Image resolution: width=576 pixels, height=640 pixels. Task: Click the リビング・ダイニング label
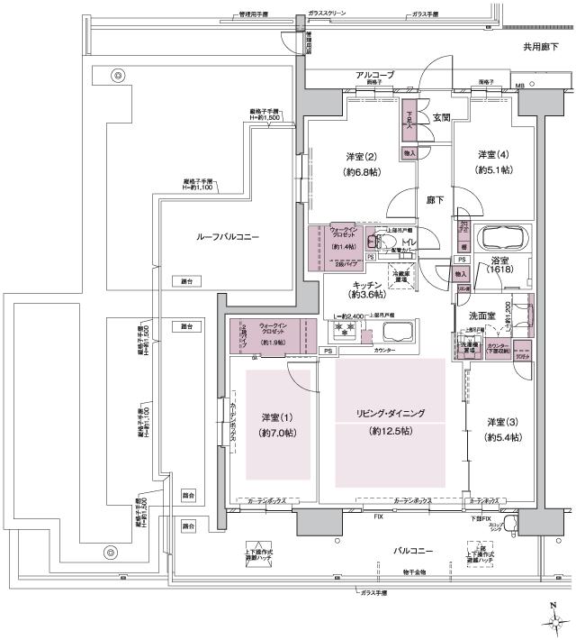tap(390, 414)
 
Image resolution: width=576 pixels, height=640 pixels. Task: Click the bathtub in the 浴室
tap(504, 239)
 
